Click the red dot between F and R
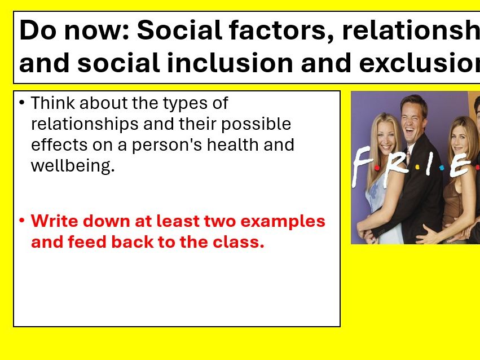coord(377,168)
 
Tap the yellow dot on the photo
coord(417,167)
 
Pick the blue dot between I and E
coord(442,168)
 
